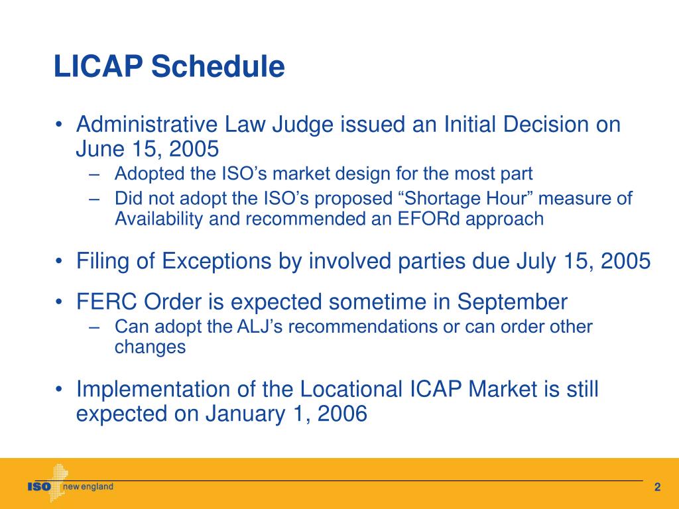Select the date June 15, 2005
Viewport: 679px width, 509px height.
(x=147, y=148)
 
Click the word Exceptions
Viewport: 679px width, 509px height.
(x=209, y=261)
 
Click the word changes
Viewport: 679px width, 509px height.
(x=150, y=347)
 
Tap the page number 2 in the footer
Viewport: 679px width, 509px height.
(x=657, y=488)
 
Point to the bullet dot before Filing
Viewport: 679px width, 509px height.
(x=60, y=262)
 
